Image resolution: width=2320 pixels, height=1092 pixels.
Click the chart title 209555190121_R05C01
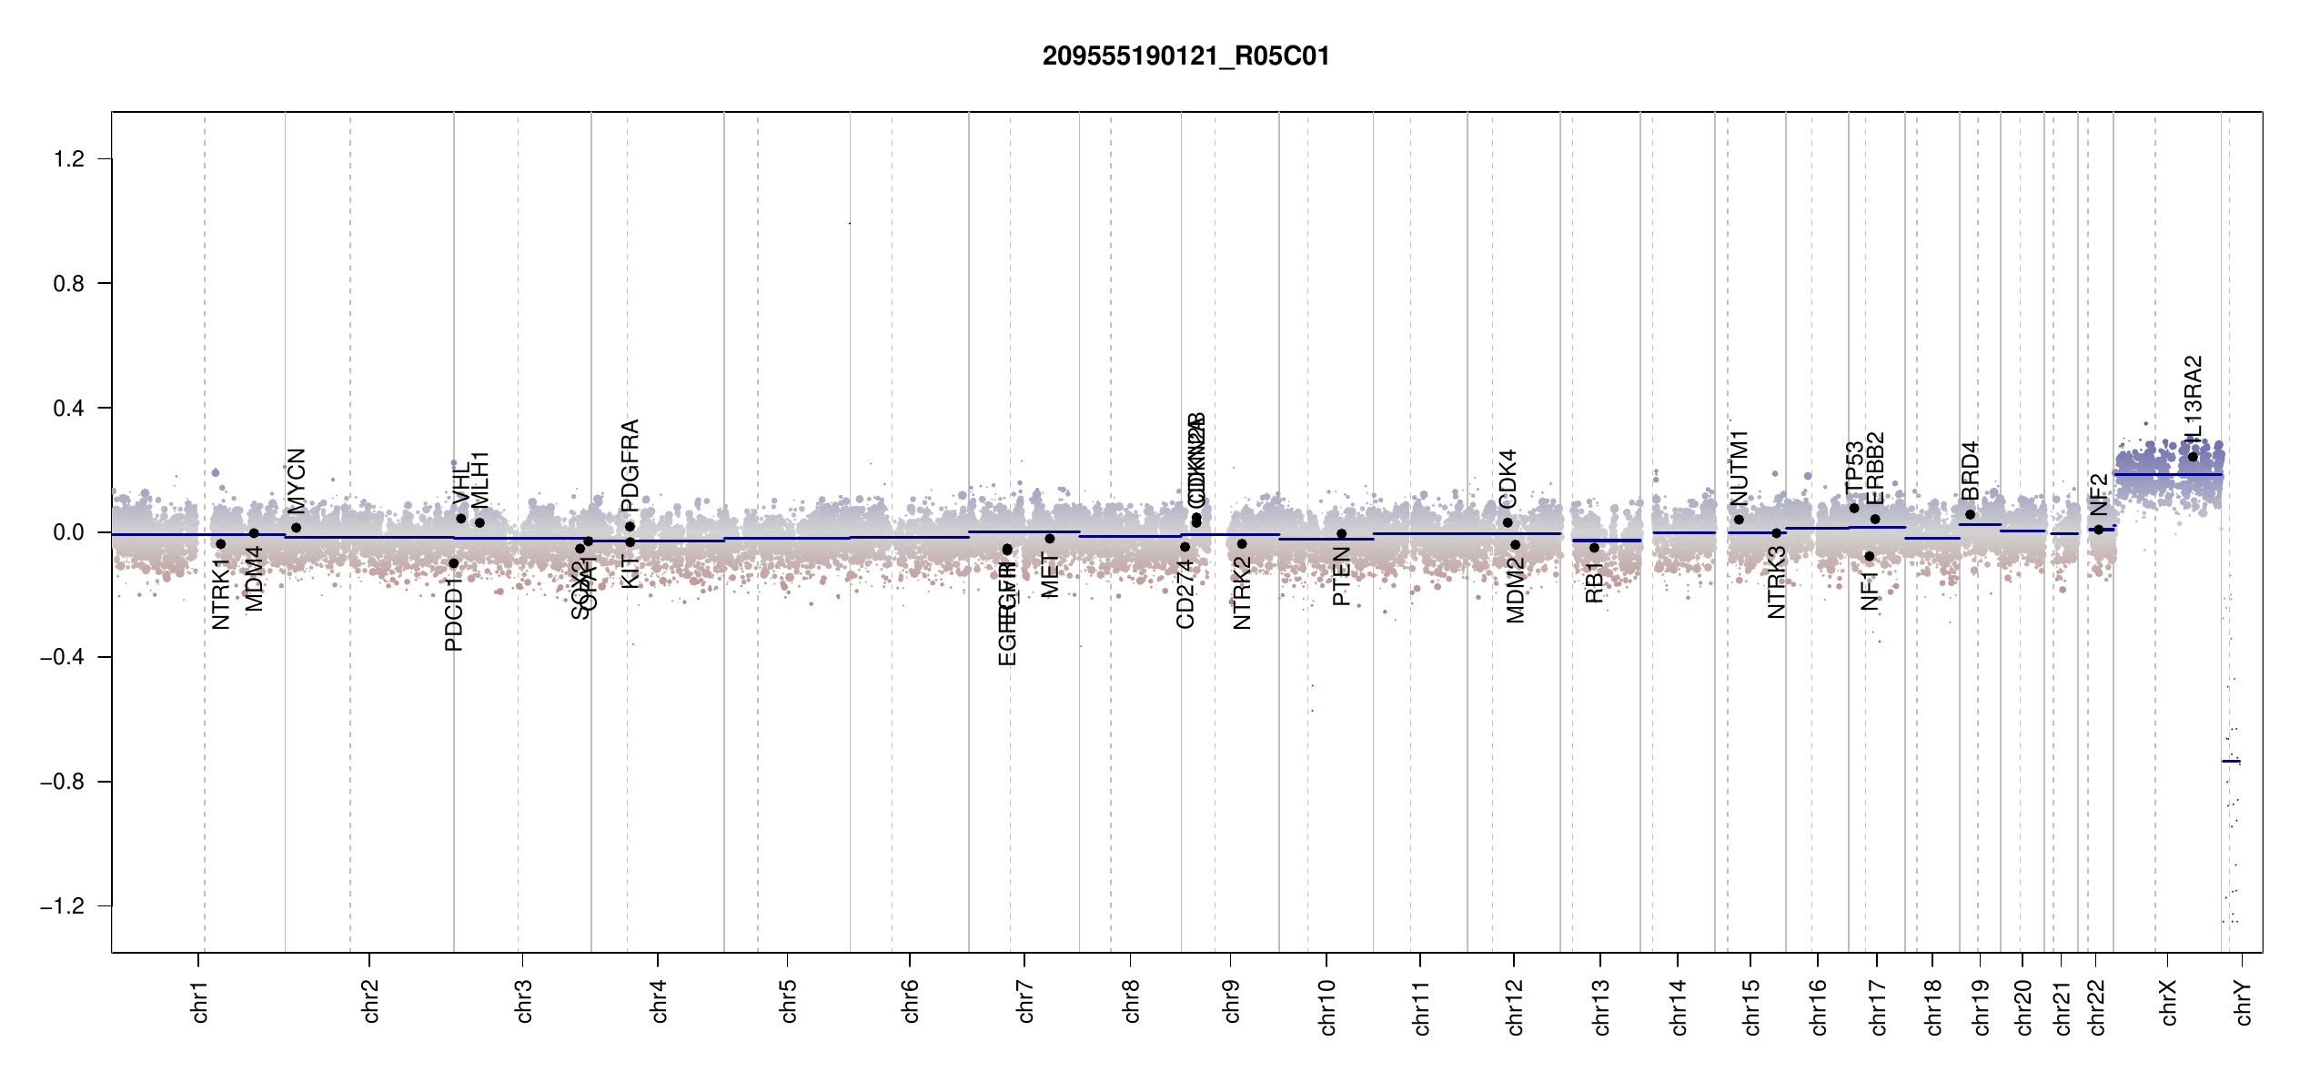pos(1185,56)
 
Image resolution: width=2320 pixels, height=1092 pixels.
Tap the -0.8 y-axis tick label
pos(63,782)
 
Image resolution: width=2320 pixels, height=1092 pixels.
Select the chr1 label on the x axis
pos(200,1001)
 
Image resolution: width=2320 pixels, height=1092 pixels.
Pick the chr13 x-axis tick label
pos(1601,1006)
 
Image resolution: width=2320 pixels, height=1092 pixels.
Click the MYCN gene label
pos(297,481)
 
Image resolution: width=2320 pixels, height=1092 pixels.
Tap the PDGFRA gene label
pos(630,460)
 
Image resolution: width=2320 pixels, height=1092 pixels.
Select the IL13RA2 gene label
pos(2193,399)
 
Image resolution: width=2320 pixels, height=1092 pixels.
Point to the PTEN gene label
pos(1341,576)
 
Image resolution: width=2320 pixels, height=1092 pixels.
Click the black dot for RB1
pos(1594,548)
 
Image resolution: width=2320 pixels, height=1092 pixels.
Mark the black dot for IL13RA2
pos(2193,457)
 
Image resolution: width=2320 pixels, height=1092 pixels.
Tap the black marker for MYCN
pos(297,528)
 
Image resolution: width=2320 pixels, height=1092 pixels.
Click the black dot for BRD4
pos(1970,515)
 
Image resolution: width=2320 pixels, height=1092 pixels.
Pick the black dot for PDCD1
pos(454,563)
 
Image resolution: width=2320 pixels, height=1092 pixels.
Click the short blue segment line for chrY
pos(2231,761)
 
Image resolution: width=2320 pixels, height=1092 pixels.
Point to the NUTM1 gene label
pos(1739,469)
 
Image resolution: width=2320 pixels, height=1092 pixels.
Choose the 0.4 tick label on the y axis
pos(69,409)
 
